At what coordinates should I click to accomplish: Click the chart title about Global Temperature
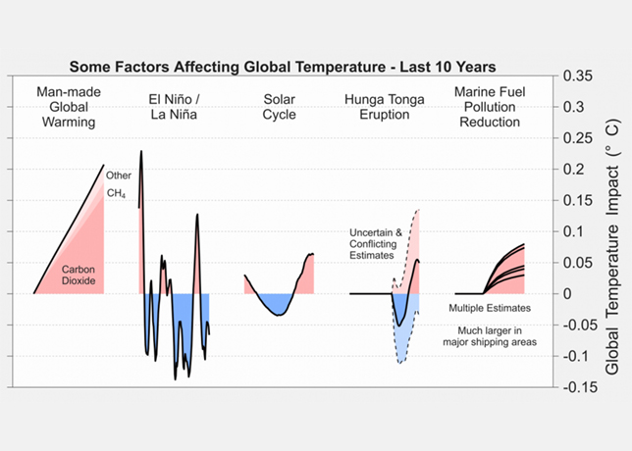point(282,67)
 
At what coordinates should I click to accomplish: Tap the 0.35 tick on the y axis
point(580,75)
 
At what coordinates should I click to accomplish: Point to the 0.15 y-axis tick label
point(580,200)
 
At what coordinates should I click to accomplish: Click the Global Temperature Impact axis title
point(611,231)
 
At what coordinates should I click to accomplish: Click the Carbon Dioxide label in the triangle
point(77,274)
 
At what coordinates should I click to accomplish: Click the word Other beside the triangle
point(119,175)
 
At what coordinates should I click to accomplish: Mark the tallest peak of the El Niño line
point(141,152)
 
